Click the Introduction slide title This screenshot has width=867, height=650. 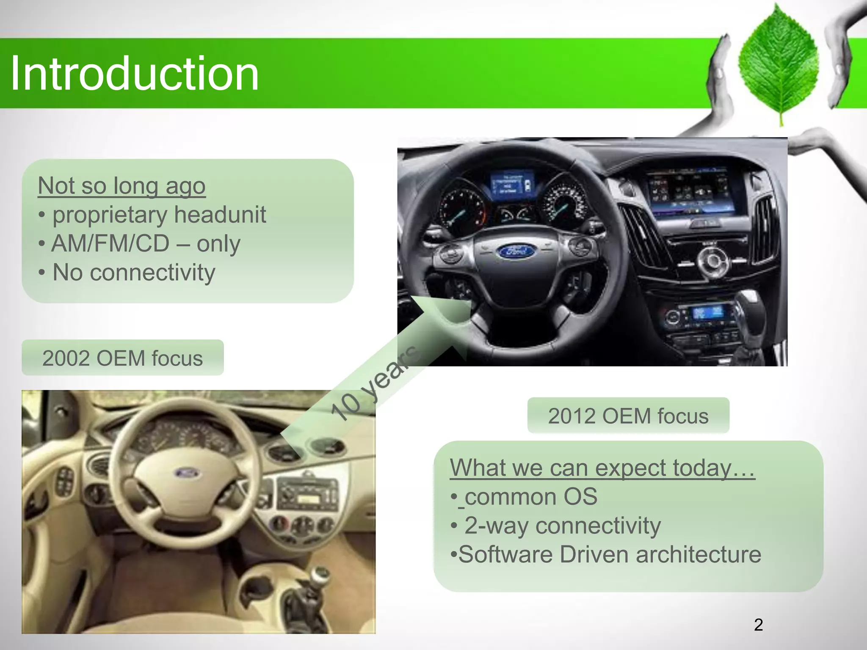point(134,74)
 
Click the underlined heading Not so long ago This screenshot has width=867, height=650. point(121,186)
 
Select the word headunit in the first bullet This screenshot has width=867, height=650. point(220,215)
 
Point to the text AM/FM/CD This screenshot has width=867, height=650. point(110,244)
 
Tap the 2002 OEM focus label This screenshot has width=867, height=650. point(122,358)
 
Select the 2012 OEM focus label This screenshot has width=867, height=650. point(628,416)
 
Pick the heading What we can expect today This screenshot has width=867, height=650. point(602,468)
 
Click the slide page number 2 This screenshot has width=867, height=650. point(758,625)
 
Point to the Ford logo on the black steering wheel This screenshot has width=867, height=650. point(515,251)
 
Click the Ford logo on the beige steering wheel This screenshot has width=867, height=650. point(185,473)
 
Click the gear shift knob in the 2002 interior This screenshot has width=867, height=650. point(320,576)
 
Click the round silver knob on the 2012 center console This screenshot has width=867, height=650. point(712,261)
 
